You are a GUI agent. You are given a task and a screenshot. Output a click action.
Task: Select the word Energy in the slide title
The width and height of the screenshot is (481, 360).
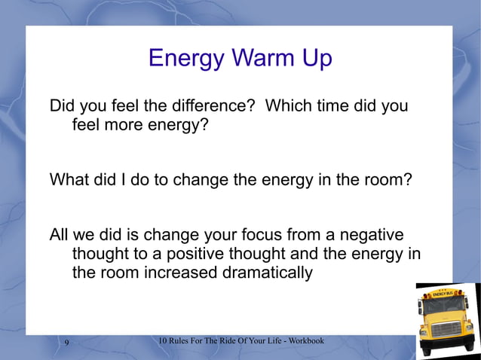click(x=184, y=59)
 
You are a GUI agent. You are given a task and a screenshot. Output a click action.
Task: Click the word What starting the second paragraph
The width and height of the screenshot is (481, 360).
click(x=71, y=180)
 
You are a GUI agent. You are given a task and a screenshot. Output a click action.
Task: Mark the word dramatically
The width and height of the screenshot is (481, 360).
click(x=268, y=272)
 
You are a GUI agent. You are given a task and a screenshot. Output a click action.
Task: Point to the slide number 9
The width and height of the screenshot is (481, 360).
click(x=67, y=343)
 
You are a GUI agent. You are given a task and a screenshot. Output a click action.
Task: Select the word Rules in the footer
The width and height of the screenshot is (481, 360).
click(x=185, y=341)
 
